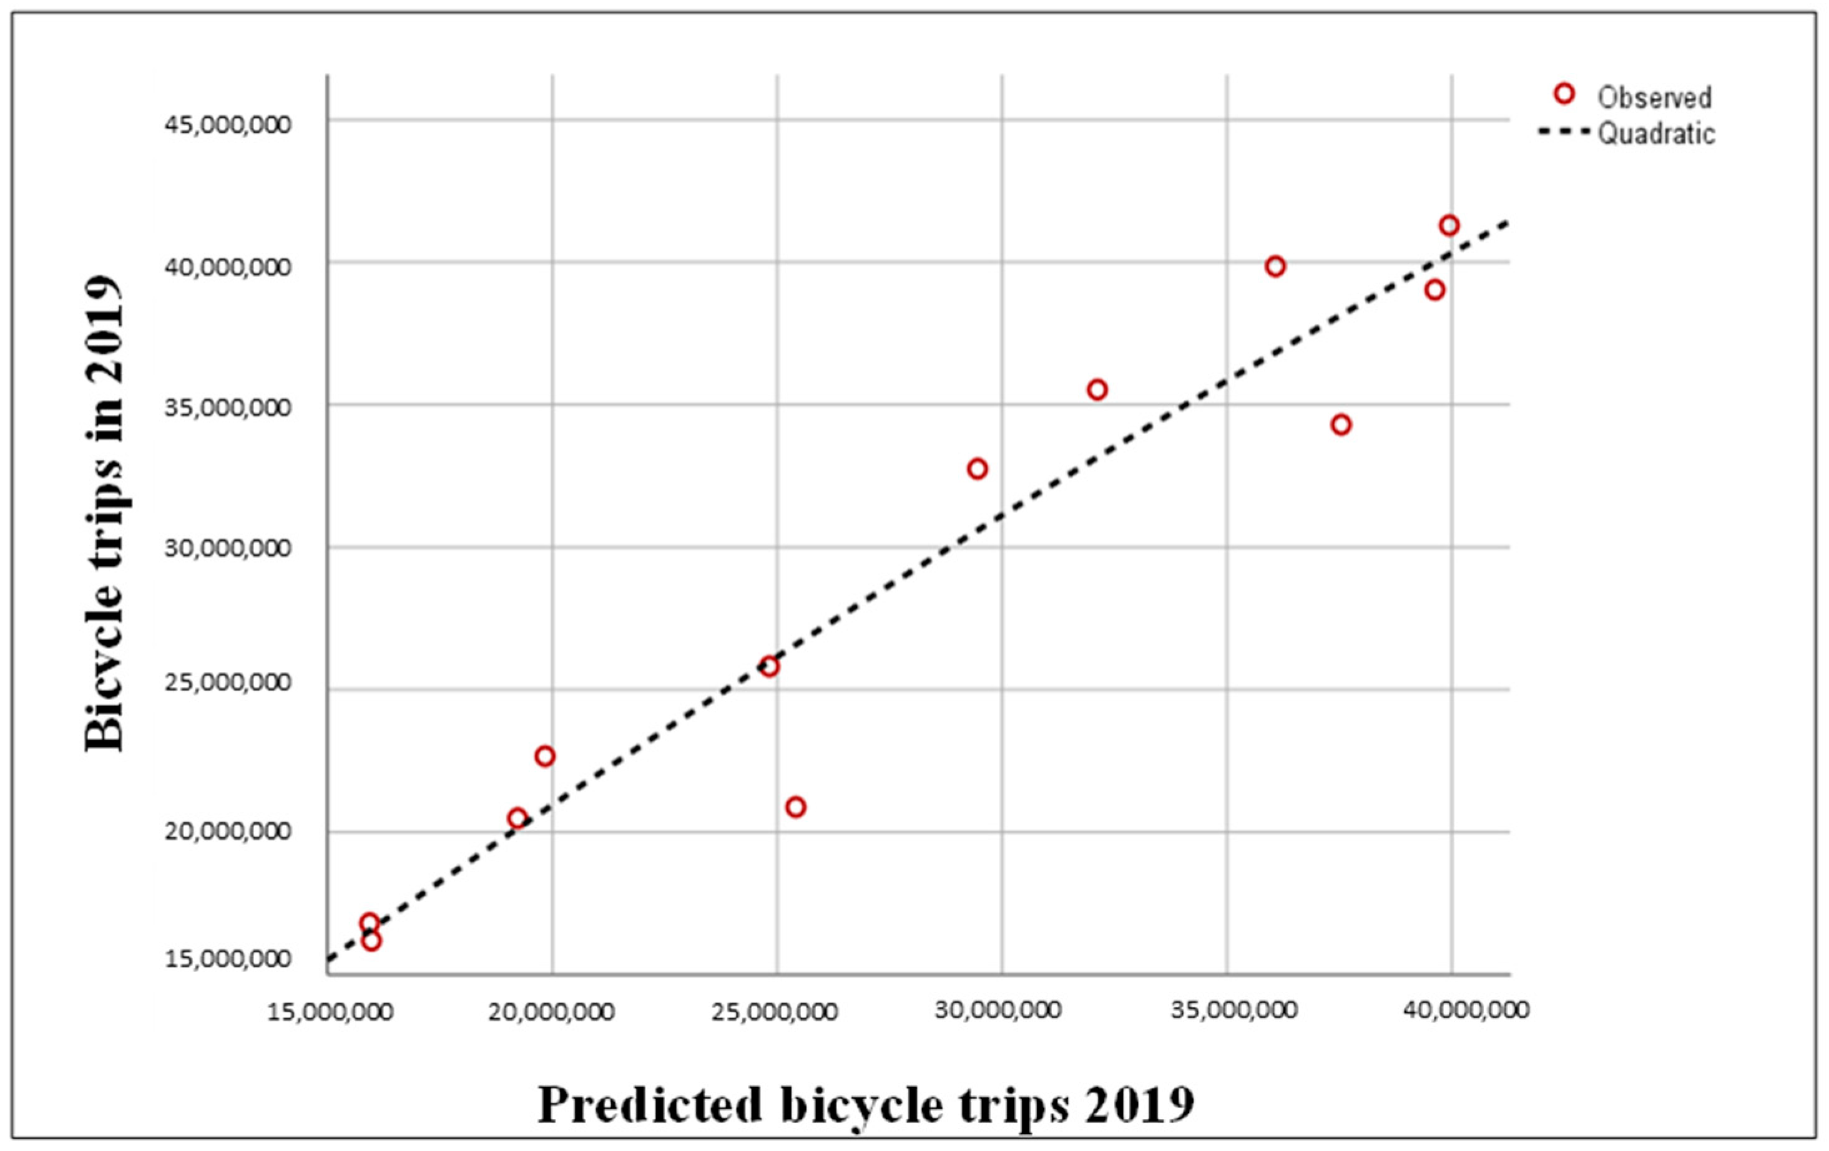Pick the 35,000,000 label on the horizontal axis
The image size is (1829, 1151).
1233,1011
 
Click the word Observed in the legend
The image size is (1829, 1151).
1654,98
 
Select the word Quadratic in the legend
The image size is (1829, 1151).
1656,134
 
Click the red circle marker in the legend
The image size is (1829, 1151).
1563,94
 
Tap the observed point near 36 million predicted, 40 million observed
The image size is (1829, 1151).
1275,266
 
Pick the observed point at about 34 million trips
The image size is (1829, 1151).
1341,424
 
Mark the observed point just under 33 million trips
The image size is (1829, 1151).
978,469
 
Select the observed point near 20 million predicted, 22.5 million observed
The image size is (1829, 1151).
544,756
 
